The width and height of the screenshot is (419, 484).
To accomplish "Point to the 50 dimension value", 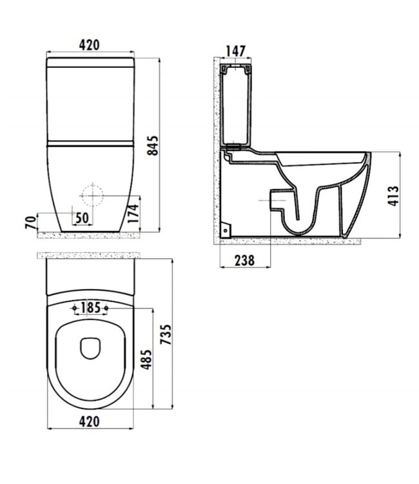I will [82, 217].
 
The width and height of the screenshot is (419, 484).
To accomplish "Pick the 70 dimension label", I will [29, 223].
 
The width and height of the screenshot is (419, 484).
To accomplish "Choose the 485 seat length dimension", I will [147, 359].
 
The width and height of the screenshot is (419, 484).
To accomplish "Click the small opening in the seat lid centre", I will [90, 348].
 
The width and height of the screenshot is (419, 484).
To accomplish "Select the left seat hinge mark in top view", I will [76, 308].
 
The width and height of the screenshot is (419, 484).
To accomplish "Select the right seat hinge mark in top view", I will [105, 308].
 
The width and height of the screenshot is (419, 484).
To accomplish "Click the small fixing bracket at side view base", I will [226, 228].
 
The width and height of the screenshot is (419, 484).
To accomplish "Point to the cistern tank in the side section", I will [235, 103].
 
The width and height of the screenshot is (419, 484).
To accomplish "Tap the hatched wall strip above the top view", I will [90, 256].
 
